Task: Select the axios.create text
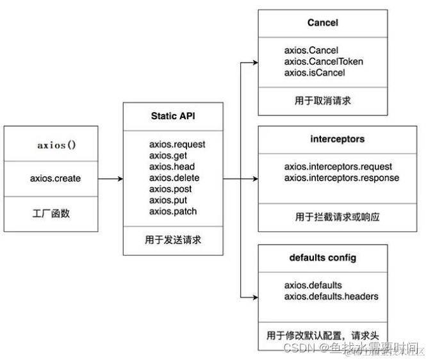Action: (x=56, y=178)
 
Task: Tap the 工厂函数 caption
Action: (x=51, y=213)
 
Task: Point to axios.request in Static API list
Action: (x=177, y=144)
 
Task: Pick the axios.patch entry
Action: (x=173, y=211)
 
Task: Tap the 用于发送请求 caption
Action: (x=173, y=241)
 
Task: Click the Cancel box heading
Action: (x=322, y=22)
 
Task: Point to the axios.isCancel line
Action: (x=315, y=72)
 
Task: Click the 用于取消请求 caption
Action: (x=322, y=100)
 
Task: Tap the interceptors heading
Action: (x=322, y=139)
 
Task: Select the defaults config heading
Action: (x=322, y=258)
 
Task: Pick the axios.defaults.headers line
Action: (x=331, y=296)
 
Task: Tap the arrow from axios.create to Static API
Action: (x=110, y=179)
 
